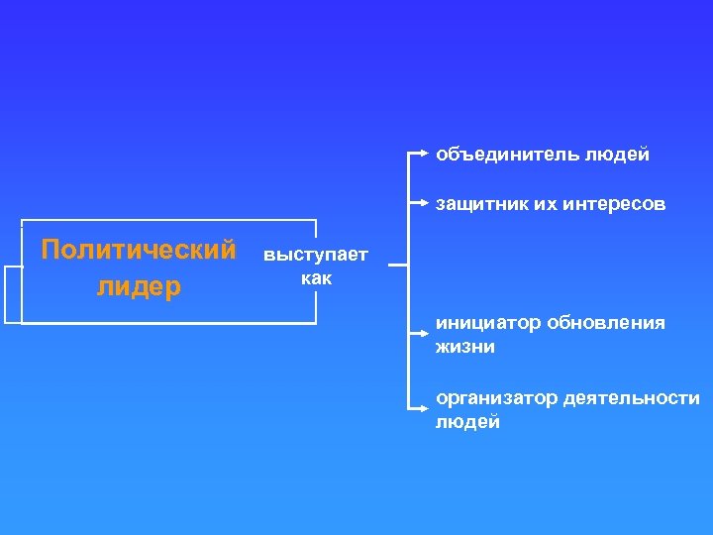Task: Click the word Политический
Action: [139, 248]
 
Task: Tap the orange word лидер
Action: [139, 286]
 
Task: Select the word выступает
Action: [314, 256]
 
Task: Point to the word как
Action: [316, 278]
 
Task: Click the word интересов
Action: [614, 205]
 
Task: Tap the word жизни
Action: [464, 348]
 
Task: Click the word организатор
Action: [494, 398]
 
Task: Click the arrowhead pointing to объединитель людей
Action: [425, 155]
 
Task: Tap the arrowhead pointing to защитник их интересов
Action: [425, 205]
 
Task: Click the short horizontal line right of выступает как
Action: [397, 266]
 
